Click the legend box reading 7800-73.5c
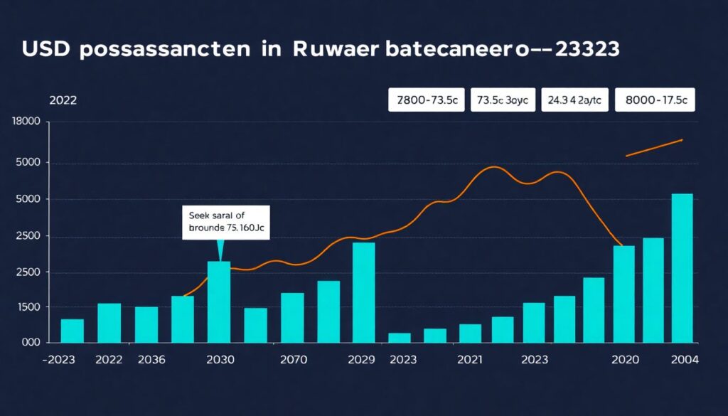click(x=427, y=100)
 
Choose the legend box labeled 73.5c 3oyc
click(x=503, y=100)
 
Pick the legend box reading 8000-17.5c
click(x=655, y=100)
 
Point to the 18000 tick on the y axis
click(x=27, y=122)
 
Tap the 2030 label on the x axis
click(x=220, y=361)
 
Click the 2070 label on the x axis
click(x=293, y=361)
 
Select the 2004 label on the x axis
click(x=685, y=361)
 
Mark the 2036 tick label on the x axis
click(x=150, y=361)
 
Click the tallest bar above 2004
click(x=682, y=269)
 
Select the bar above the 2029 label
click(x=363, y=293)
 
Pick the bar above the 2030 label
click(x=219, y=302)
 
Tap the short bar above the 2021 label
click(x=470, y=334)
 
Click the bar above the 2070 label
click(x=292, y=318)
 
